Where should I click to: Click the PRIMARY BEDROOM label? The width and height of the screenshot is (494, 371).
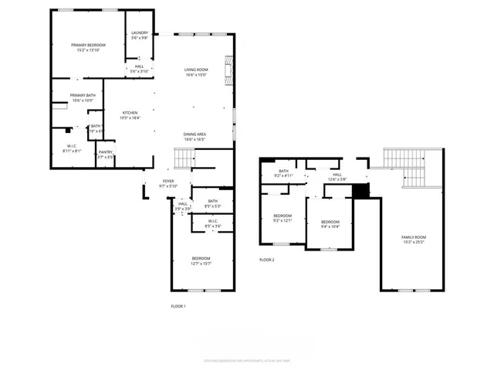pyautogui.click(x=89, y=46)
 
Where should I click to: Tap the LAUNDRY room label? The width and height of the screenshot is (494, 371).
pyautogui.click(x=140, y=32)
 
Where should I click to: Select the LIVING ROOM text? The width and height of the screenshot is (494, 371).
pyautogui.click(x=195, y=70)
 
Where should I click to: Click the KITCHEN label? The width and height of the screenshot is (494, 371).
pyautogui.click(x=130, y=113)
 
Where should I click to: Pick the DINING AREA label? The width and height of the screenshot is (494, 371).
pyautogui.click(x=195, y=134)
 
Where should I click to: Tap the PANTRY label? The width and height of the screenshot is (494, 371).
pyautogui.click(x=106, y=152)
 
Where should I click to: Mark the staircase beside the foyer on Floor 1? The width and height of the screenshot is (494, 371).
pyautogui.click(x=183, y=159)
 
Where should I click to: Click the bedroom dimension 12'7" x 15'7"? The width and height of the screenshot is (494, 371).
pyautogui.click(x=201, y=264)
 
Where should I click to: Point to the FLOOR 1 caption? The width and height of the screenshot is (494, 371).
pyautogui.click(x=178, y=306)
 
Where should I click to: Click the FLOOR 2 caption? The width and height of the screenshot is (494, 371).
pyautogui.click(x=266, y=260)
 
